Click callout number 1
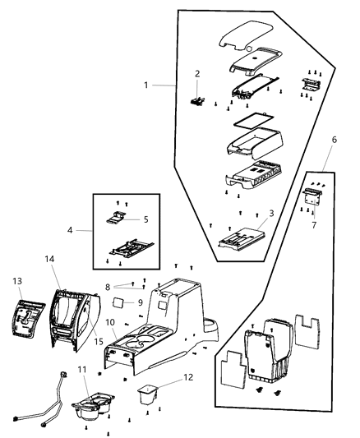pos(147,86)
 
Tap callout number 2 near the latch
pos(196,74)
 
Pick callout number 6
pos(334,164)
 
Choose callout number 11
pos(81,371)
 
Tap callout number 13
pos(18,281)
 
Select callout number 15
pos(97,340)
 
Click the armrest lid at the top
pos(249,37)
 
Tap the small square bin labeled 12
pos(149,395)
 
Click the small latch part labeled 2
pos(197,101)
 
